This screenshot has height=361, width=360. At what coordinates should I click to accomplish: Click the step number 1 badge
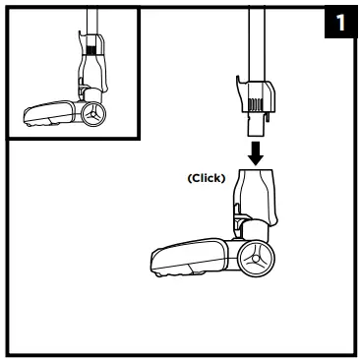click(339, 23)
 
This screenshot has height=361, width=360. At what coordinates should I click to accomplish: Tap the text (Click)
click(207, 178)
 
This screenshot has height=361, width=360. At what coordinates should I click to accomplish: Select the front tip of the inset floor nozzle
click(28, 118)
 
